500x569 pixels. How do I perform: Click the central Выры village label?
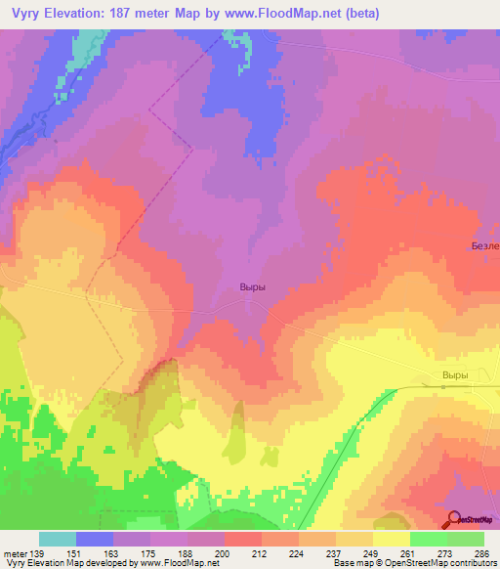pyautogui.click(x=253, y=287)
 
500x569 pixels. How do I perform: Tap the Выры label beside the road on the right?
pyautogui.click(x=455, y=375)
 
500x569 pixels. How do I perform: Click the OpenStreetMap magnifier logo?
pyautogui.click(x=452, y=520)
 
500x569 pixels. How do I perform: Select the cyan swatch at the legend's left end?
pyautogui.click(x=58, y=539)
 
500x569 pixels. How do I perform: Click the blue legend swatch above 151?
pyautogui.click(x=95, y=539)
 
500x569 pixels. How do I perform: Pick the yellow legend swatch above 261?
pyautogui.click(x=392, y=539)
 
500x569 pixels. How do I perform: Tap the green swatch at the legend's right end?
pyautogui.click(x=466, y=539)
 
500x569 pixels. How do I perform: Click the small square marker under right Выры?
pyautogui.click(x=443, y=387)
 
